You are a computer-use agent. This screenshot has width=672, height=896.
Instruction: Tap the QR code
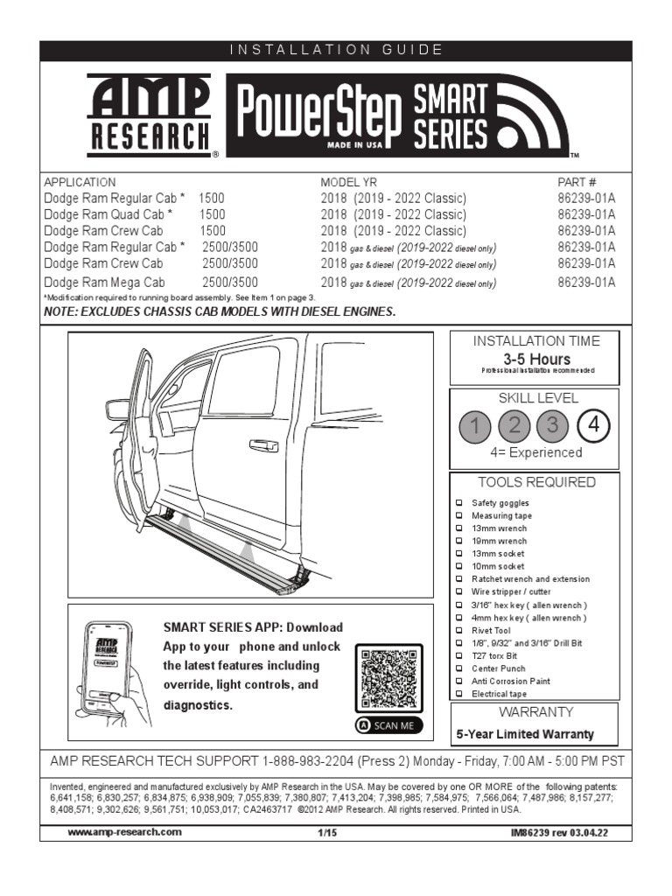pos(388,678)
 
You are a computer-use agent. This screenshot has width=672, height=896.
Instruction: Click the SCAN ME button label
pos(388,725)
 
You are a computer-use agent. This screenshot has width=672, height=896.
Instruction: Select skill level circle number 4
pos(594,426)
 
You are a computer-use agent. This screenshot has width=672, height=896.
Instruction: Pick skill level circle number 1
pos(475,426)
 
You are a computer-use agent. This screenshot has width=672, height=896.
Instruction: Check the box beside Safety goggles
pos(459,503)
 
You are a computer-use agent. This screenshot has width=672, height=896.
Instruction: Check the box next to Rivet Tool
pos(459,630)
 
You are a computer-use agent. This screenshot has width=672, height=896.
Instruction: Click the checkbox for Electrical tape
pos(459,693)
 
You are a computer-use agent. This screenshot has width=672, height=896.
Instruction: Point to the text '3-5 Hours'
pos(536,360)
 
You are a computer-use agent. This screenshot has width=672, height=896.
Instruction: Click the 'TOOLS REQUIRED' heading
pos(536,482)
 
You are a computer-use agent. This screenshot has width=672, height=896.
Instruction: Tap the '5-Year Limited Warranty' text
pos(525,734)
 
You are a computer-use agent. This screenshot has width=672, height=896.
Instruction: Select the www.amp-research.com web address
pos(125,832)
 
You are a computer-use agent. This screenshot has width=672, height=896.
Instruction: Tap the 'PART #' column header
pos(577,182)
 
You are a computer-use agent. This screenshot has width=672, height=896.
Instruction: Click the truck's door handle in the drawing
pos(263,446)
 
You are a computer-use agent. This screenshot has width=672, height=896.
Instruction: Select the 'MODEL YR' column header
pos(346,182)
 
